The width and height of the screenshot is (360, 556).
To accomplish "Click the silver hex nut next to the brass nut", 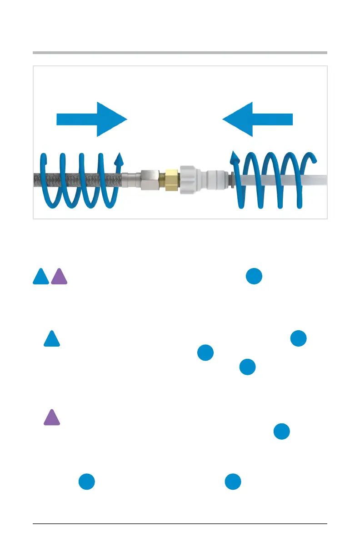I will [x=150, y=180].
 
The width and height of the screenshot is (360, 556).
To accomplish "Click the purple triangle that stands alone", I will [x=52, y=418].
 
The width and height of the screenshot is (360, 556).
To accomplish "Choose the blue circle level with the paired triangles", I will [x=254, y=277].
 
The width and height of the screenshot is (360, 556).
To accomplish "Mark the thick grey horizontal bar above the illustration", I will [x=180, y=53].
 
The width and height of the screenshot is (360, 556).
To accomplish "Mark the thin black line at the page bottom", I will [x=180, y=524].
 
